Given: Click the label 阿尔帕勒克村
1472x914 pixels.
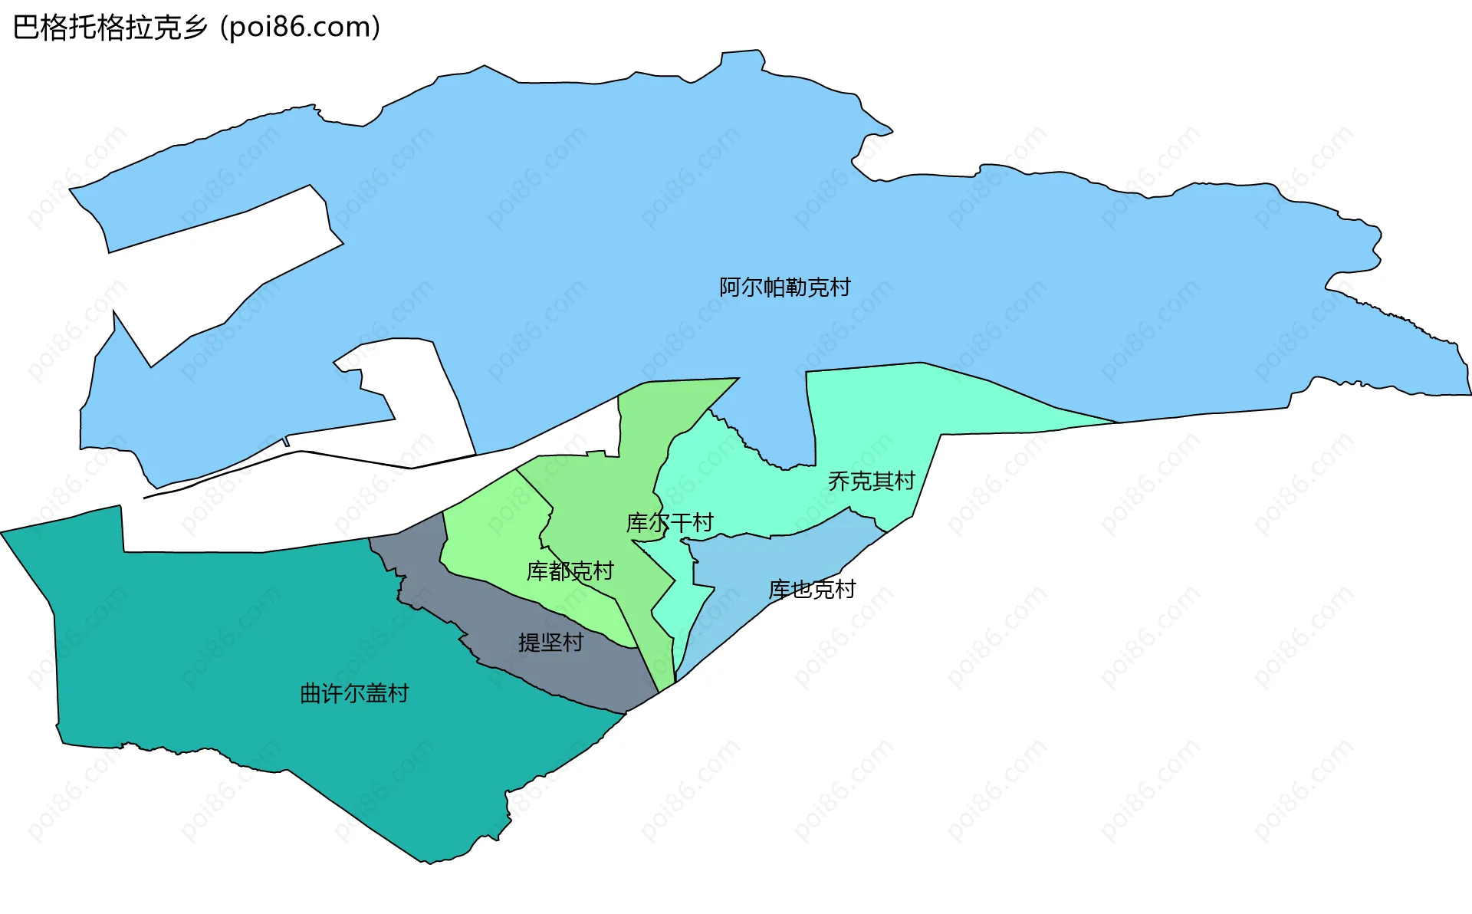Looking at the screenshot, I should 784,288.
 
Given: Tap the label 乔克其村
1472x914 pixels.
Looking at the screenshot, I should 871,482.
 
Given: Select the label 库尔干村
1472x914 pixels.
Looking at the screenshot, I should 669,523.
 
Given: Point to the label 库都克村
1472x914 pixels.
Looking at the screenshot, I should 570,571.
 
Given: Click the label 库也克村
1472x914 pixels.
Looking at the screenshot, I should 812,590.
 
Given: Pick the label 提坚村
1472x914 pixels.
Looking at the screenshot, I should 550,643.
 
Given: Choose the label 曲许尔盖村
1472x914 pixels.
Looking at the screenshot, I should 354,694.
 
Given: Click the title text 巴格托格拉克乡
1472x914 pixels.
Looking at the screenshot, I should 110,28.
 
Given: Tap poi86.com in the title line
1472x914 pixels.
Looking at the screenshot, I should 300,28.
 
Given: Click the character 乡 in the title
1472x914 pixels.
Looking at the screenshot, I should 195,28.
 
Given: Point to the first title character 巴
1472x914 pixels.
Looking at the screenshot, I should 26,28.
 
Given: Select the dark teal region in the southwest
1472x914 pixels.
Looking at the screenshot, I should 230,652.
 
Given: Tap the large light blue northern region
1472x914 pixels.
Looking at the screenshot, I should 613,230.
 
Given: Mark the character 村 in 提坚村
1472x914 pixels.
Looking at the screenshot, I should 573,643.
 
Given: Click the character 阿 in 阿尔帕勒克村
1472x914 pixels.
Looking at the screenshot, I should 730,288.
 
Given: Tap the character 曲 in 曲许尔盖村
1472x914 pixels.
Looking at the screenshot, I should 310,694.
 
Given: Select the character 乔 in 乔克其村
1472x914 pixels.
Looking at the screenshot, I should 839,482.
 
